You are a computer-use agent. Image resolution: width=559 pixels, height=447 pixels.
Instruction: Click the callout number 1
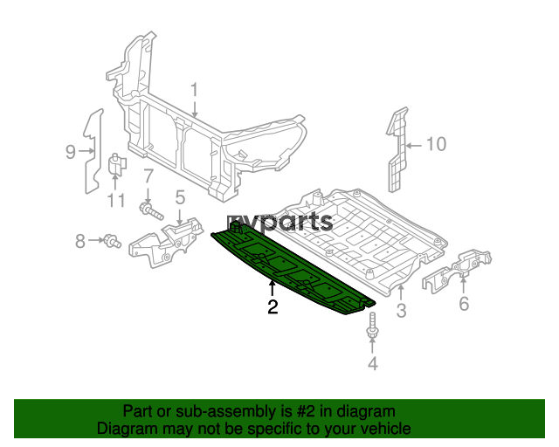194,90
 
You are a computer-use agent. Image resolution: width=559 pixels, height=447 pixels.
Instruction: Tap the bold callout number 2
273,307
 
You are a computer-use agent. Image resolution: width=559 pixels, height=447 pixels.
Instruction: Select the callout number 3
401,310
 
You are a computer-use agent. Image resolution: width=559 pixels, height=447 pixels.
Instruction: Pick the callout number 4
373,363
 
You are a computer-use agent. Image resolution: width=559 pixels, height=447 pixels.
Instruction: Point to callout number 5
181,197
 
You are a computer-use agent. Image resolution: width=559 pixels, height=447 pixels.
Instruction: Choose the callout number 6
464,304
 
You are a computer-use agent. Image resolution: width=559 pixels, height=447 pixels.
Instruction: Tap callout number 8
80,241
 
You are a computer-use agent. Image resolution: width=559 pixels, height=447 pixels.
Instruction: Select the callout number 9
71,152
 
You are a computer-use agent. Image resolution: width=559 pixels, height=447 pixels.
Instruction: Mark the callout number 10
437,144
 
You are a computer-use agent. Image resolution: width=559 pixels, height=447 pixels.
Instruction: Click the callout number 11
116,201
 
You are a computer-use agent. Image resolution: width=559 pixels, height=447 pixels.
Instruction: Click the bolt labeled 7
151,210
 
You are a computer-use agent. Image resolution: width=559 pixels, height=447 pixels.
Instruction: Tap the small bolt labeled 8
112,241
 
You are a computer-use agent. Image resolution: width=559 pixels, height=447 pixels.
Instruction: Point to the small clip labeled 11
116,165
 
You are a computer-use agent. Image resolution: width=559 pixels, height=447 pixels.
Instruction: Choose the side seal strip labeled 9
93,152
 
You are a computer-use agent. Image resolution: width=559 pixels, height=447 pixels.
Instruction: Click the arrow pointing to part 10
414,146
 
